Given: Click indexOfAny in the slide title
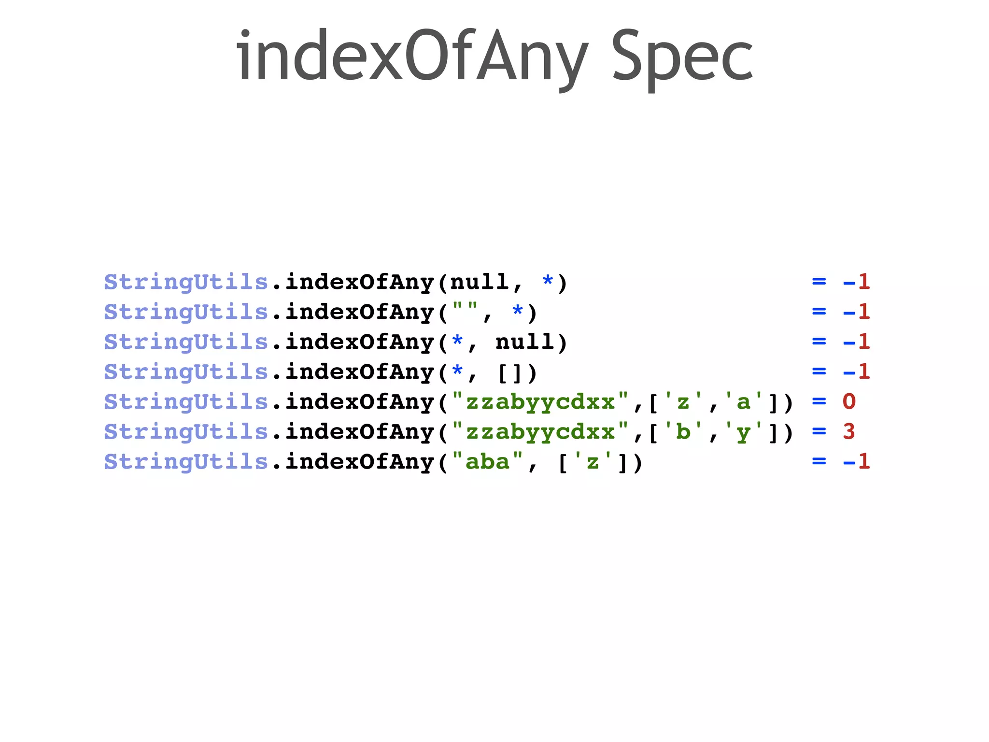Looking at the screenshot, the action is pos(412,57).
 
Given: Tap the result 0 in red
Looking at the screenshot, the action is pos(849,402).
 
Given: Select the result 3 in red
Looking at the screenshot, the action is pos(849,432).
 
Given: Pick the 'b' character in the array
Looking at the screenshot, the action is pos(683,432).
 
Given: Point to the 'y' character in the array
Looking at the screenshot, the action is pos(744,432).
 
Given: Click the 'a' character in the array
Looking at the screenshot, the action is pos(744,402).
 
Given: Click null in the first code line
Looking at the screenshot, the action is pos(479,282).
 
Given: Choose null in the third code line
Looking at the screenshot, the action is pos(524,342).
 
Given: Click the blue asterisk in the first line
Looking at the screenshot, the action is pos(548,281).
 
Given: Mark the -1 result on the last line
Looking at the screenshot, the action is pos(856,462).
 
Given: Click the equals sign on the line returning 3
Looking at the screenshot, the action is pos(819,431).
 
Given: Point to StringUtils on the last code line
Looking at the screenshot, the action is pos(186,462).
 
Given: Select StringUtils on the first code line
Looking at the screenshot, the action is pos(186,282).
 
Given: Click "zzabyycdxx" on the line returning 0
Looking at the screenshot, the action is pos(540,402).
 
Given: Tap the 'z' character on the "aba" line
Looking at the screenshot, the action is pos(593,462).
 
